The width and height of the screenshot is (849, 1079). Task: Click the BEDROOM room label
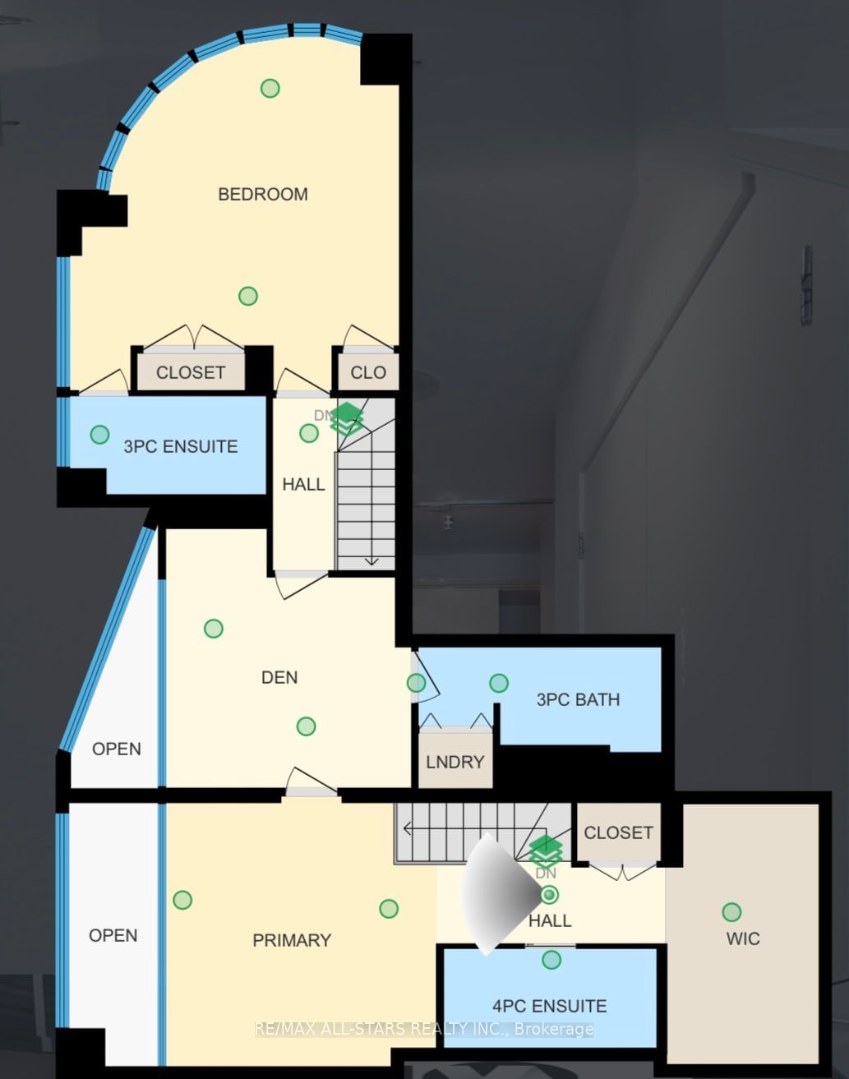click(x=263, y=195)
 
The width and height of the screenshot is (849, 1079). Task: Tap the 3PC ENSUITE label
click(x=181, y=446)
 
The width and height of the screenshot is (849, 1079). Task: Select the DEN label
click(x=279, y=677)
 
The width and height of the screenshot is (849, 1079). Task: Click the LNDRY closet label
click(x=454, y=762)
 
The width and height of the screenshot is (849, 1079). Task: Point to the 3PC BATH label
click(x=578, y=699)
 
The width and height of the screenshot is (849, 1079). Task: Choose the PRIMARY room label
click(x=292, y=940)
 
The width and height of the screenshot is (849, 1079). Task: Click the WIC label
click(x=743, y=938)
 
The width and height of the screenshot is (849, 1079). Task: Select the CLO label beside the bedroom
click(x=368, y=372)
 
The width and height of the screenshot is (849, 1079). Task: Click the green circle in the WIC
click(x=731, y=912)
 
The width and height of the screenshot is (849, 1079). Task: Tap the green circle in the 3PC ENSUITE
click(x=99, y=434)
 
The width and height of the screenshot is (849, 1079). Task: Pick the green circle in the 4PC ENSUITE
click(x=551, y=960)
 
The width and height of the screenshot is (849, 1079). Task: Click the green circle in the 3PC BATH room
click(x=498, y=683)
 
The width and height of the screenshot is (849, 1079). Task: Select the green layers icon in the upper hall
click(x=347, y=418)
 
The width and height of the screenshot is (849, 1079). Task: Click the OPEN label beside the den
click(x=117, y=749)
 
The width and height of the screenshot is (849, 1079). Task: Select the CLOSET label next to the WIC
click(x=618, y=832)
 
